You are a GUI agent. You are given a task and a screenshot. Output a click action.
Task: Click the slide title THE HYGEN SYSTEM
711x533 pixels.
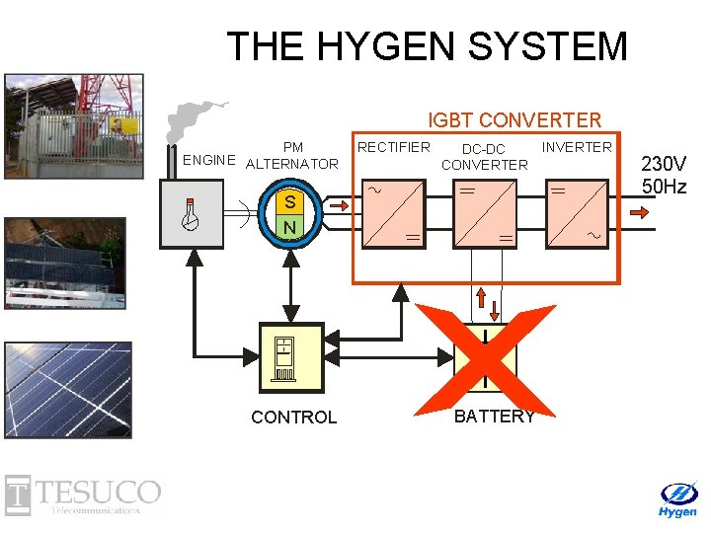427,46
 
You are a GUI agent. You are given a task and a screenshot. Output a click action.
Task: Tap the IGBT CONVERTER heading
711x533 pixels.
513,120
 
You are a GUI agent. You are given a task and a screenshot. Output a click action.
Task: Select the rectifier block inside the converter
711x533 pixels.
394,212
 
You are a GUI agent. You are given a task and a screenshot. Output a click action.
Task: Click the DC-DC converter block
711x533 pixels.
485,212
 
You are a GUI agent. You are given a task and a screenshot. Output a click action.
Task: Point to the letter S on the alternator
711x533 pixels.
290,202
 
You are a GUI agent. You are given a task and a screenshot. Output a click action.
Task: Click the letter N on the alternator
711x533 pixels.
290,228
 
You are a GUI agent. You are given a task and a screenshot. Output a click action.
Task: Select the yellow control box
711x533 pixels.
290,357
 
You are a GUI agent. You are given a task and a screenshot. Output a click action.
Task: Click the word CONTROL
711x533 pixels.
294,418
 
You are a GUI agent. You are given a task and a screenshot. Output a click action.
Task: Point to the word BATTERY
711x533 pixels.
494,416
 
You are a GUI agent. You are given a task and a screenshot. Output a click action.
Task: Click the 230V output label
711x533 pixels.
664,164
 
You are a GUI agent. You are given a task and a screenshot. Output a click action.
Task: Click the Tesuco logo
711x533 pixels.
83,495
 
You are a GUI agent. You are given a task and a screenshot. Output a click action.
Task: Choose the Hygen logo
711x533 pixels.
678,498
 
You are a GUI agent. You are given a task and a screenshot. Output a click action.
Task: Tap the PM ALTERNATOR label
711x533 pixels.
292,156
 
